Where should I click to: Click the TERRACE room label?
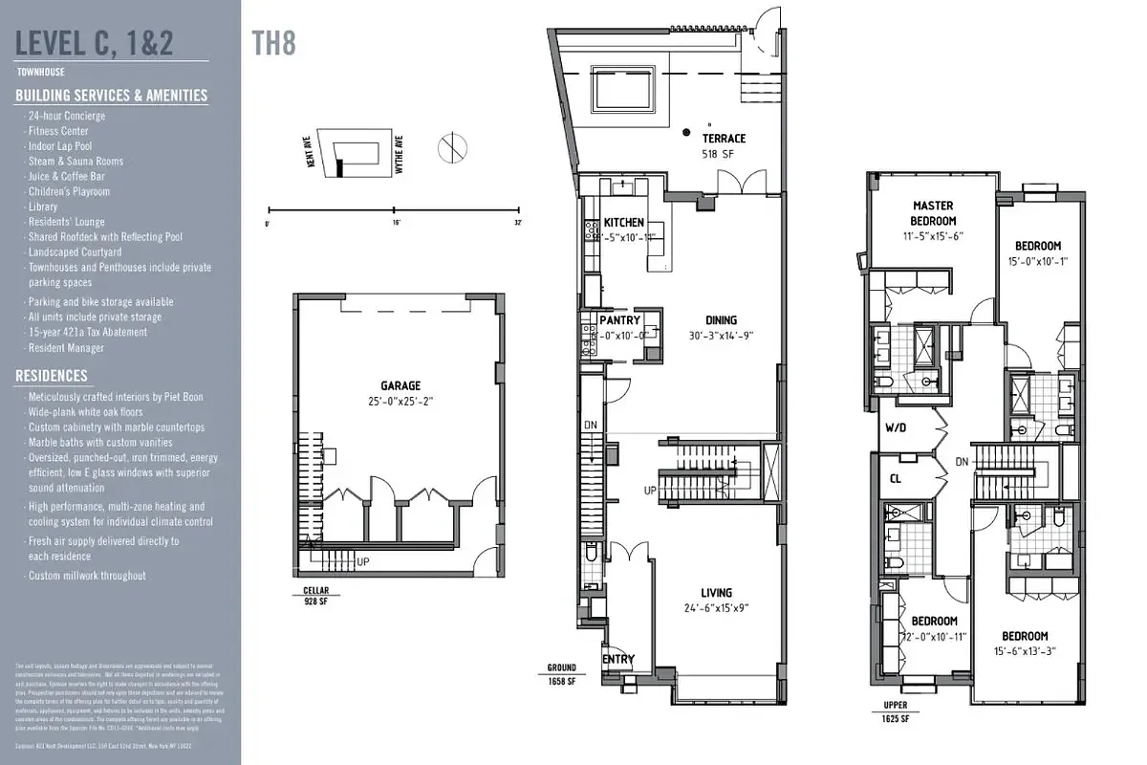click(725, 139)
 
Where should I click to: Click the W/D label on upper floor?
click(897, 427)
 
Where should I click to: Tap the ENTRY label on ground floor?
click(617, 660)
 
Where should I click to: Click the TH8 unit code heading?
click(271, 41)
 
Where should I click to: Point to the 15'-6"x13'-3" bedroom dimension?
click(1025, 652)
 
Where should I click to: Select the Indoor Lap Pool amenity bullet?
click(60, 146)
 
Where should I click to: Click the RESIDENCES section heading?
click(52, 376)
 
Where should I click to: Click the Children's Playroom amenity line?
click(69, 191)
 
